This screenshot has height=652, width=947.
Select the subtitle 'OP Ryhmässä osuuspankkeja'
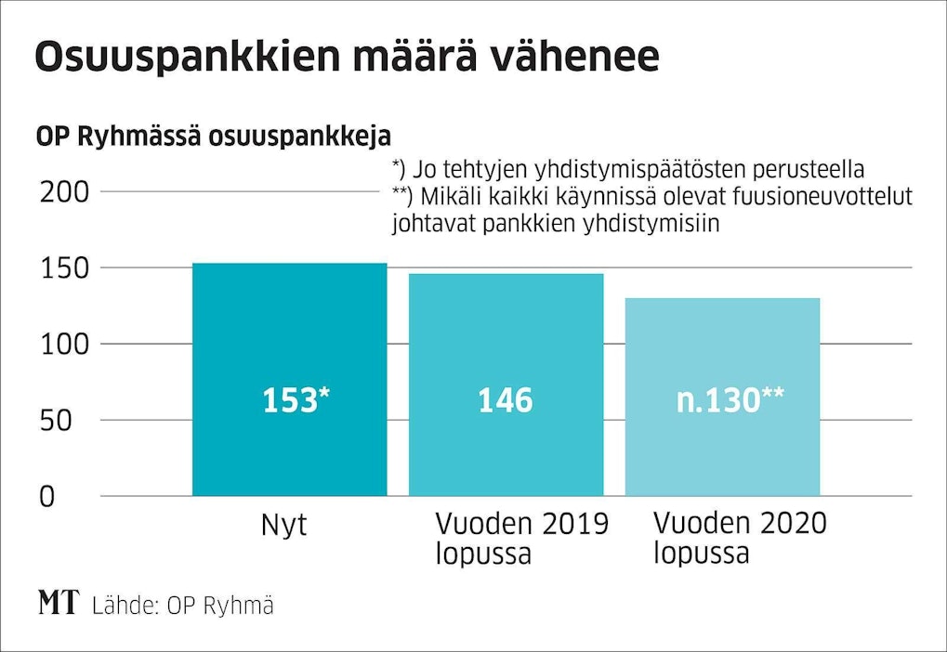(x=213, y=136)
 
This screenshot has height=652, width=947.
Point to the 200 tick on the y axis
(x=62, y=192)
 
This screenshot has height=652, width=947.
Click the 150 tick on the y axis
(x=62, y=268)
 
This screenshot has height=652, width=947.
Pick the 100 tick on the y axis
(x=62, y=345)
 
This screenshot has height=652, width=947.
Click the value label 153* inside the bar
(x=296, y=400)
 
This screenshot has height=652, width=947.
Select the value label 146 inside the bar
(x=506, y=400)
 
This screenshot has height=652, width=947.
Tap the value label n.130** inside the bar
(x=730, y=400)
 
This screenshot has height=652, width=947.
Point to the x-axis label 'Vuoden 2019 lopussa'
(x=521, y=539)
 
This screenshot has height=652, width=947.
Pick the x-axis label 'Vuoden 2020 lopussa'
(x=740, y=539)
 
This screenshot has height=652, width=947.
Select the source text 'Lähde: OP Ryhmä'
(x=183, y=606)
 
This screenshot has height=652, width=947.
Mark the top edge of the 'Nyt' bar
(x=289, y=264)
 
